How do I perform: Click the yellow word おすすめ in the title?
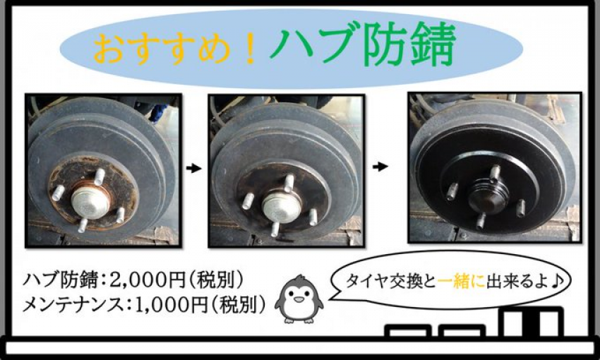(x=162, y=49)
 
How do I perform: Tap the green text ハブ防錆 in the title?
(x=362, y=44)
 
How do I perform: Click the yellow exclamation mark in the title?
(x=251, y=49)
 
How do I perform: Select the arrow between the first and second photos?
(x=193, y=168)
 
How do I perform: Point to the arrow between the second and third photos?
(x=380, y=167)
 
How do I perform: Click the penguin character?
(x=299, y=299)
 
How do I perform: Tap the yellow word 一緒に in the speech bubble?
(x=461, y=282)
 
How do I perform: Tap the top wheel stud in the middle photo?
(x=289, y=184)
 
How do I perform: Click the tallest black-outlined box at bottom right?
(x=533, y=323)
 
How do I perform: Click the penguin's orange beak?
(x=298, y=299)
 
